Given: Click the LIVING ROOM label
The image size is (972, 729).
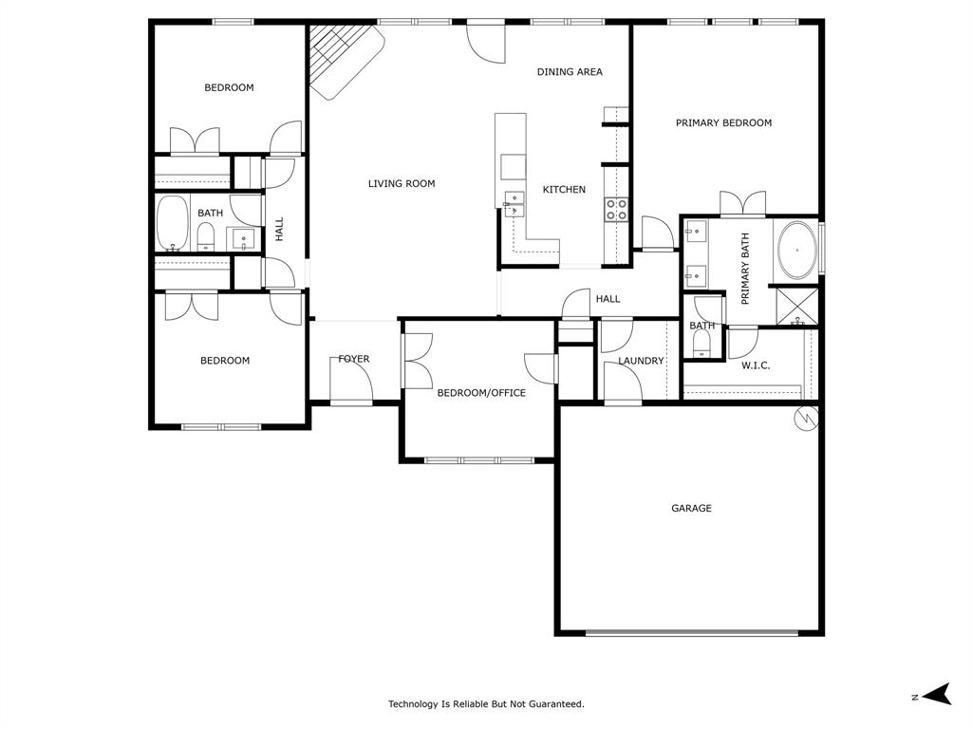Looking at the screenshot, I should [402, 183].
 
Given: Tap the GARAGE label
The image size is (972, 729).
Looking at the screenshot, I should [691, 509].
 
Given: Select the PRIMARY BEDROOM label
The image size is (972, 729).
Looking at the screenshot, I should [723, 122].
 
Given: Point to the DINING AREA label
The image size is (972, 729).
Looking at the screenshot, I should [570, 72].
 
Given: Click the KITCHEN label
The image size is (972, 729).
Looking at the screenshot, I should [564, 190].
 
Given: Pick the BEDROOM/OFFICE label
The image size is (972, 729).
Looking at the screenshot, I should [480, 393].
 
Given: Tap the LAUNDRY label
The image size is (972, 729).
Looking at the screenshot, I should [641, 361].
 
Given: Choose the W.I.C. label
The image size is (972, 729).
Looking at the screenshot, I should [756, 365].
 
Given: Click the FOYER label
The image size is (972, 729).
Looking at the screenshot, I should [354, 359].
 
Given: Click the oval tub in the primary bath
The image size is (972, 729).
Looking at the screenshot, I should [797, 251].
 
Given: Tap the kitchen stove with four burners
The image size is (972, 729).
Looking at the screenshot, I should [616, 209].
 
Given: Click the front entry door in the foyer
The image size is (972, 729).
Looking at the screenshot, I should [351, 385].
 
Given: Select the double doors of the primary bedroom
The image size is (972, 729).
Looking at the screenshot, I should [742, 203].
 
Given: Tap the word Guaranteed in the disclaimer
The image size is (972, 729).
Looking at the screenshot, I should [555, 704].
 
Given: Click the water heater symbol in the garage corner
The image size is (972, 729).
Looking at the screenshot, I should [806, 418].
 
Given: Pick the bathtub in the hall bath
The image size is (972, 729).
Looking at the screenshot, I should [173, 224].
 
